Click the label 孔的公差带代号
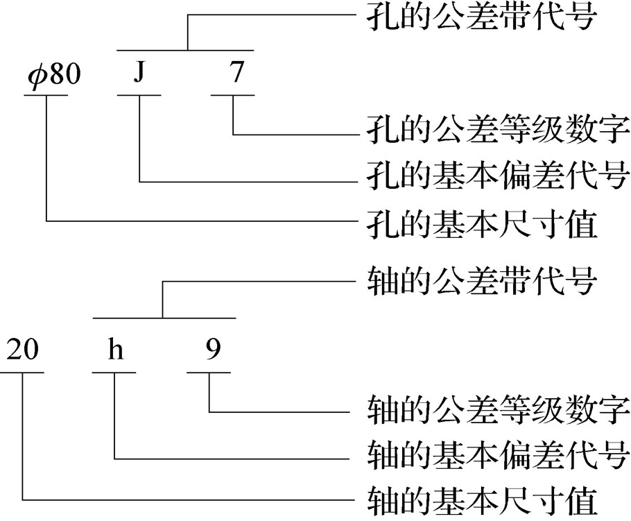tap(480, 16)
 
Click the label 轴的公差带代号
tap(480, 282)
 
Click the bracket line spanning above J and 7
tap(186, 50)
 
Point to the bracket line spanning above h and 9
tap(164, 318)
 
